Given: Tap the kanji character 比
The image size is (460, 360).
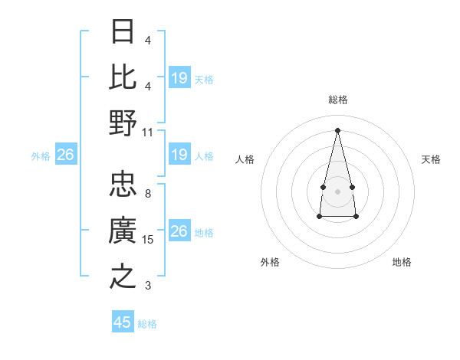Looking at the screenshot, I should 123,77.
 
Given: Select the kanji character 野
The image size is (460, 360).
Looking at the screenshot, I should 123,122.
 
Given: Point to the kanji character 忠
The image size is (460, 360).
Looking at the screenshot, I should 123,185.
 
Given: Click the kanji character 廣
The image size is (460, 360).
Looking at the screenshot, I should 123,231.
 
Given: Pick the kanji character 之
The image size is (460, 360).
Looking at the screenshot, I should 123,276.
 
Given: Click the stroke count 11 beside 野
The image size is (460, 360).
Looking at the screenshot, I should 148,132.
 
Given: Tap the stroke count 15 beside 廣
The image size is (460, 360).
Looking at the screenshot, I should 148,240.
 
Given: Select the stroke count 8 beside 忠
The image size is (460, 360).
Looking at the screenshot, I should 148,194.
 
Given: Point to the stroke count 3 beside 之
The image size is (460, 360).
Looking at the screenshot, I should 148,286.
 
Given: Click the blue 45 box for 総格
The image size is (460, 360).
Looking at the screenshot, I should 123,322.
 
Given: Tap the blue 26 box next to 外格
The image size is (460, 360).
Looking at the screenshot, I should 65,155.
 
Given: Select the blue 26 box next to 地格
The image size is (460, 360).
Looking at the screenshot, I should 179,231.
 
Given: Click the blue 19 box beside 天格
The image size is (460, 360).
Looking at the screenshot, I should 179,78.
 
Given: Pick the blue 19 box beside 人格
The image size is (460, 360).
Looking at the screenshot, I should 179,155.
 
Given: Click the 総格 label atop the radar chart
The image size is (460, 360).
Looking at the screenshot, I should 337,100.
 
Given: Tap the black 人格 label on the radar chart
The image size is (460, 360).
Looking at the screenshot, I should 245,159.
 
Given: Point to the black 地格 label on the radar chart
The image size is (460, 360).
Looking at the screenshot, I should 402,262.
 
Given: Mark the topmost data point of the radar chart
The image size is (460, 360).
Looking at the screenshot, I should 337,129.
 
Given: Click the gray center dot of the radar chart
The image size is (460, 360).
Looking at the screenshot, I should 337,190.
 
